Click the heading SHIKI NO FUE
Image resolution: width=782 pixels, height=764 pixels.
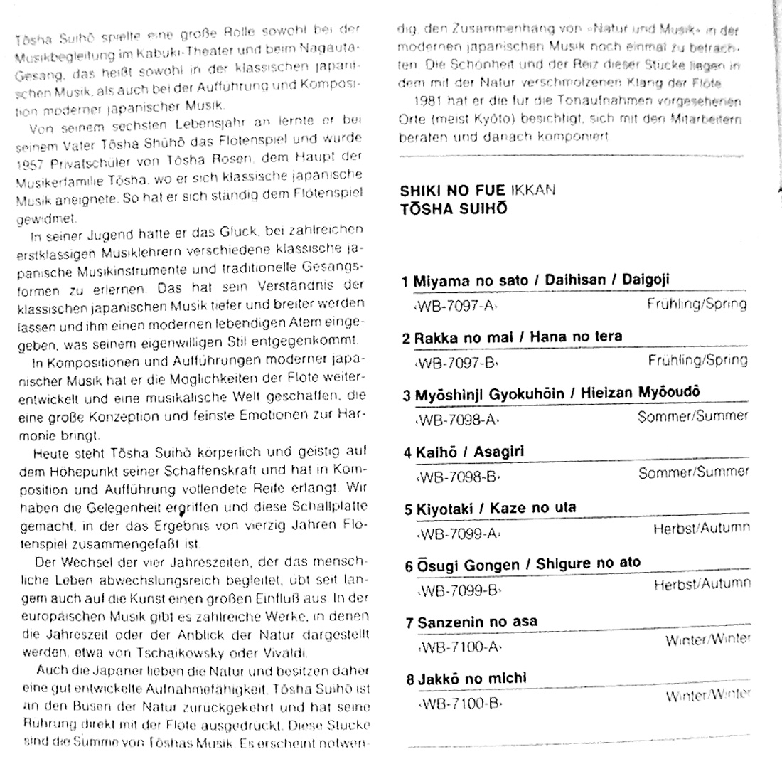click(453, 191)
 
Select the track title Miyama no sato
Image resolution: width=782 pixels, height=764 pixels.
click(470, 280)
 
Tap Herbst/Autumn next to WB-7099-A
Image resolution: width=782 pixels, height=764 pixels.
click(700, 529)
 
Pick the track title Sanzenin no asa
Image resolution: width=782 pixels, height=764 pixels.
click(477, 622)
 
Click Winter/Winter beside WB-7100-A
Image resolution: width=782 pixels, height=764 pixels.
click(707, 640)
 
